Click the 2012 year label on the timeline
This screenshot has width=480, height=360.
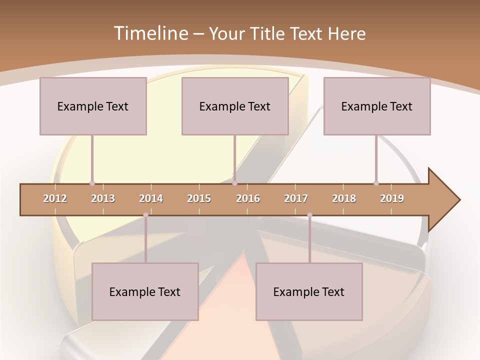pyautogui.click(x=55, y=198)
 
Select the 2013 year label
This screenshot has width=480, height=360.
pyautogui.click(x=103, y=198)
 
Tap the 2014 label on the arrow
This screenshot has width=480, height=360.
pyautogui.click(x=151, y=198)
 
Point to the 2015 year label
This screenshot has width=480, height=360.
pyautogui.click(x=199, y=198)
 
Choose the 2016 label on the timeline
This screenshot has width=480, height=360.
pyautogui.click(x=248, y=198)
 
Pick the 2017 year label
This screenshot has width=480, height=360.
pyautogui.click(x=296, y=198)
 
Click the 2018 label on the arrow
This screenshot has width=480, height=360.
pyautogui.click(x=344, y=198)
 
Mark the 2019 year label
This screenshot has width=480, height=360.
pyautogui.click(x=392, y=198)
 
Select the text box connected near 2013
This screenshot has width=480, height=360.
pyautogui.click(x=93, y=106)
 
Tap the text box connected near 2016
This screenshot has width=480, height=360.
pyautogui.click(x=235, y=106)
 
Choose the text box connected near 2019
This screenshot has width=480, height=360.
pyautogui.click(x=377, y=106)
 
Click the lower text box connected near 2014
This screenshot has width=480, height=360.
pyautogui.click(x=145, y=291)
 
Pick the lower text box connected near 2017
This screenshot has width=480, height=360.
pyautogui.click(x=309, y=291)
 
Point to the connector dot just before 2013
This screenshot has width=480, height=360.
pyautogui.click(x=92, y=183)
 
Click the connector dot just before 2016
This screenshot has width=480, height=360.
pyautogui.click(x=234, y=183)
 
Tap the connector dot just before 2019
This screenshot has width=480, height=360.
pyautogui.click(x=376, y=183)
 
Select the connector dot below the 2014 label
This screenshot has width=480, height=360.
pyautogui.click(x=145, y=215)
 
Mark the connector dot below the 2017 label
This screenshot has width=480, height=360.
pyautogui.click(x=309, y=215)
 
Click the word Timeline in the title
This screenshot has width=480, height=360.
pyautogui.click(x=150, y=33)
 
